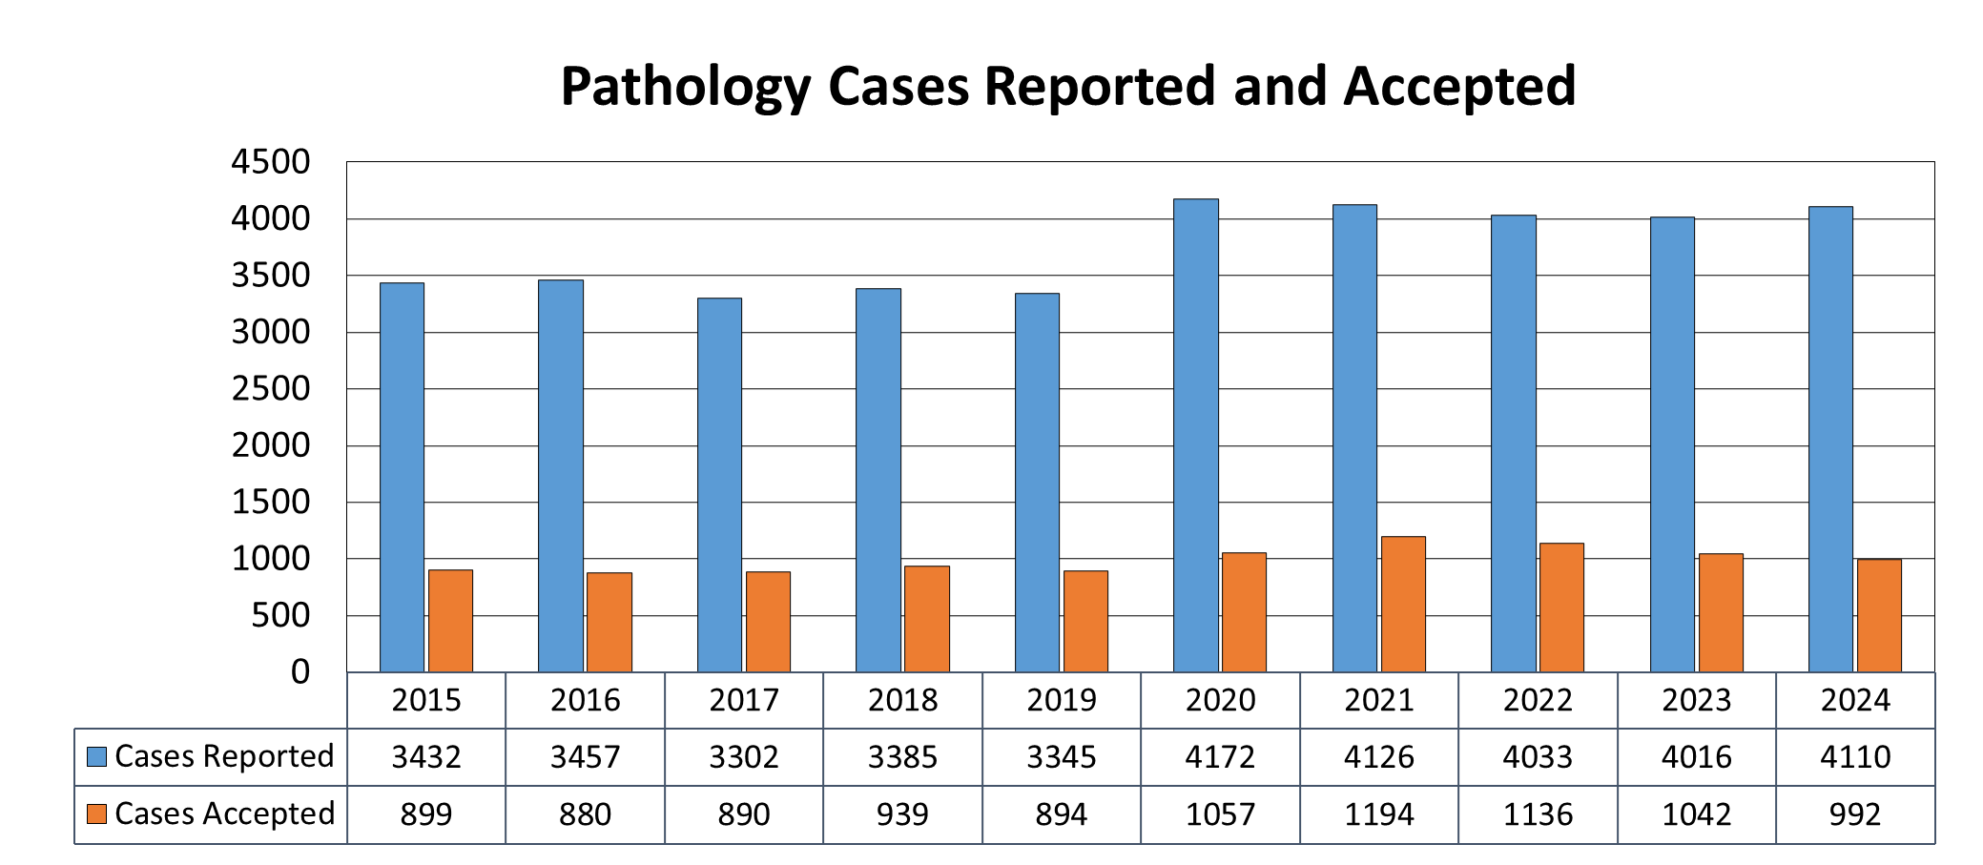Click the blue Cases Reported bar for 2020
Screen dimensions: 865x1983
pyautogui.click(x=1195, y=435)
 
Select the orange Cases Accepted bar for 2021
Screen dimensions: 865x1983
pyautogui.click(x=1402, y=605)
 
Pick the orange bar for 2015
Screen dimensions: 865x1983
pyautogui.click(x=450, y=621)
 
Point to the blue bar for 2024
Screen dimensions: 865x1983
pyautogui.click(x=1830, y=439)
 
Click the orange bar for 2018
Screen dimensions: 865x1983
pyautogui.click(x=926, y=619)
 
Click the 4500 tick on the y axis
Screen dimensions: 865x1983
pyautogui.click(x=271, y=162)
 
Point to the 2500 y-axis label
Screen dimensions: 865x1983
pyautogui.click(x=271, y=389)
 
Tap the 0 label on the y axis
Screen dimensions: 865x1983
pyautogui.click(x=300, y=672)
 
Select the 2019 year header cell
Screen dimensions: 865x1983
pyautogui.click(x=1061, y=701)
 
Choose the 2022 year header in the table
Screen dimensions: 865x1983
pyautogui.click(x=1537, y=701)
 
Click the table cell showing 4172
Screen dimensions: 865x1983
pyautogui.click(x=1220, y=757)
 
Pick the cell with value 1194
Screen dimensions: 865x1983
pyautogui.click(x=1378, y=814)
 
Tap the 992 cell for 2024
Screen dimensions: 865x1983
pyautogui.click(x=1854, y=814)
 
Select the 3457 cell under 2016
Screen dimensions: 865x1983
pyautogui.click(x=585, y=757)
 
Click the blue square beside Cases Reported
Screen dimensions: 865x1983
pyautogui.click(x=96, y=757)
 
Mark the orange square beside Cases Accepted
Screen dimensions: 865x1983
pyautogui.click(x=96, y=814)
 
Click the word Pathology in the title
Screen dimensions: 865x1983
pyautogui.click(x=685, y=87)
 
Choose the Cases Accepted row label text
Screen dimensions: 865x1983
pyautogui.click(x=224, y=814)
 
